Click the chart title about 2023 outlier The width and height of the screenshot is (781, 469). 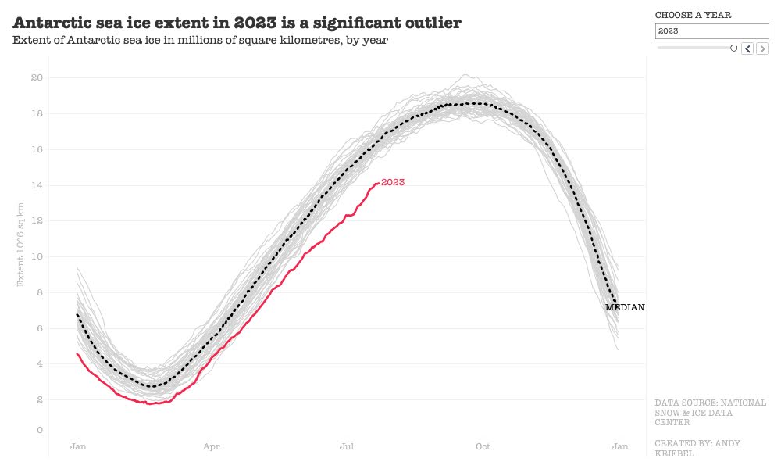point(237,22)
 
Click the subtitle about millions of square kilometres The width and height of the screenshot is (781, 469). point(201,40)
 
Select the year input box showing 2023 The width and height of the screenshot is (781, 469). point(711,31)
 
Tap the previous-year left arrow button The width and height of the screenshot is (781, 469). point(747,48)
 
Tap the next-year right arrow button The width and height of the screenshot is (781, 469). point(762,48)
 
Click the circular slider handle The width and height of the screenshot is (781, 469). point(733,48)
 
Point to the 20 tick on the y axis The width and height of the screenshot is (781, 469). point(37,77)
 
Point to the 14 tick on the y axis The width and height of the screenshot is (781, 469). point(37,185)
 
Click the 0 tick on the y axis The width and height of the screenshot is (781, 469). point(40,430)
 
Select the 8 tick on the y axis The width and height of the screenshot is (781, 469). point(40,292)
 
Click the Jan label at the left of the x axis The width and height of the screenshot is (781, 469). point(78,446)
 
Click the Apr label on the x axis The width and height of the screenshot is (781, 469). point(212,446)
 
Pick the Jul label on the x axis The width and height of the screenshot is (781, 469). point(347,446)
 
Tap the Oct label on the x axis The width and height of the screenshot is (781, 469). point(483,446)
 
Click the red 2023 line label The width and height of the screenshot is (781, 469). point(393,182)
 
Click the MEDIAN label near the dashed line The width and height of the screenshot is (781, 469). point(625,307)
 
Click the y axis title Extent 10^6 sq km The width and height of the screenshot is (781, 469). point(21,243)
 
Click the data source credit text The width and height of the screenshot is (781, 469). point(710,412)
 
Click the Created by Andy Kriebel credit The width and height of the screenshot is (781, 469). point(697,448)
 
